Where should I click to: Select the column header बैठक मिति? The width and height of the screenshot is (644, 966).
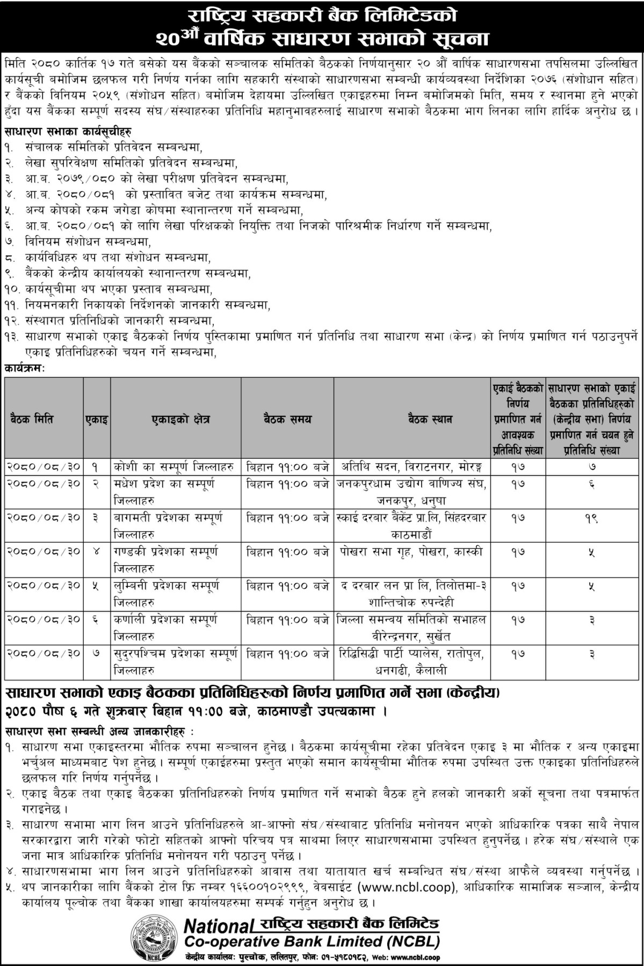point(31,419)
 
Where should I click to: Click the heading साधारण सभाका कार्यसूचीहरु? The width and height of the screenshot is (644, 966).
point(68,131)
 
